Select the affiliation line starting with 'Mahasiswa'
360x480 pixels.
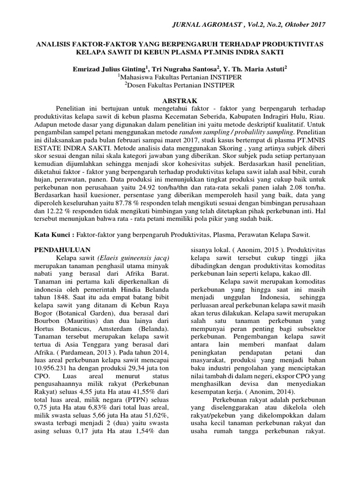[180, 77]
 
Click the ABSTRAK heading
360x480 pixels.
[180, 100]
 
